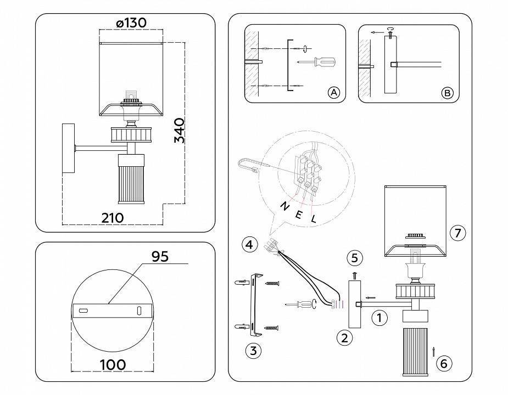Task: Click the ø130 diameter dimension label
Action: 131,23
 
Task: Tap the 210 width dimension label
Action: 113,217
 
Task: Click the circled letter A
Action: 333,93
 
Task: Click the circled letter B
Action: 447,93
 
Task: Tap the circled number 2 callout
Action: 344,337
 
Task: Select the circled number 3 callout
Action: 253,351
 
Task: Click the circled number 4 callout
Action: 250,244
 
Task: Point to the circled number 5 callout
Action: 354,257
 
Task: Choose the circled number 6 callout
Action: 444,363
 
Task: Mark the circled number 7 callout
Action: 457,233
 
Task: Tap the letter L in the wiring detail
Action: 314,219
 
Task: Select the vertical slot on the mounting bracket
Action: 139,311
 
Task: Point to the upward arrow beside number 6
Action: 433,352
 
